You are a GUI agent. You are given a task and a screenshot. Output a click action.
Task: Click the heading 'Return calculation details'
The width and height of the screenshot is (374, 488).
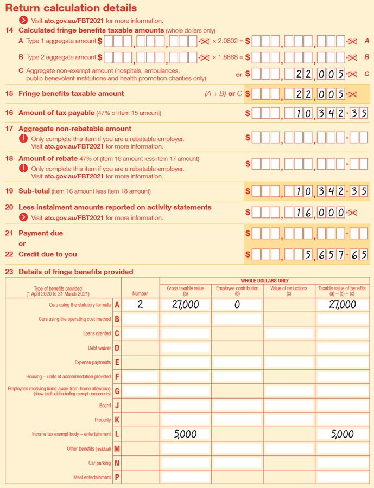coord(71,8)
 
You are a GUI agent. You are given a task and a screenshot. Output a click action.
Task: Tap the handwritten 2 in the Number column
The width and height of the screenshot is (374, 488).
coord(140,305)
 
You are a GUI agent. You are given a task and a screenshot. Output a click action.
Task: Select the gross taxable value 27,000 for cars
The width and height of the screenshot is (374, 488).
coord(185,305)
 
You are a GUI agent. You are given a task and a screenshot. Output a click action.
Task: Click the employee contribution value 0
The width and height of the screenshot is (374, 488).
coord(237,305)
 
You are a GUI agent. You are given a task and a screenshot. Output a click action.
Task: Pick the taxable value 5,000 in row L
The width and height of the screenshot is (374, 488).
coord(342,434)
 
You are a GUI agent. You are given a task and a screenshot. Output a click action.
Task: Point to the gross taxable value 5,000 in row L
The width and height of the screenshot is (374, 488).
coord(185,434)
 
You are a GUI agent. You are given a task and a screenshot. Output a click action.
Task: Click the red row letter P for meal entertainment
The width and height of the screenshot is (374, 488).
coord(117,477)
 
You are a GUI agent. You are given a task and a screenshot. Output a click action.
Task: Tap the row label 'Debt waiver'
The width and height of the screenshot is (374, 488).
coord(99,348)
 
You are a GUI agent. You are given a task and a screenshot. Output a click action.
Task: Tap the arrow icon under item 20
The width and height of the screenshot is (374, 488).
coord(23,217)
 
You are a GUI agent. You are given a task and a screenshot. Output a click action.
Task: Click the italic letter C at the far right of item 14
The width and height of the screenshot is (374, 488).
coord(367,74)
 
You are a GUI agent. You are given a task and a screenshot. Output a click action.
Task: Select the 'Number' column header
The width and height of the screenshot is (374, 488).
coord(140,293)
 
